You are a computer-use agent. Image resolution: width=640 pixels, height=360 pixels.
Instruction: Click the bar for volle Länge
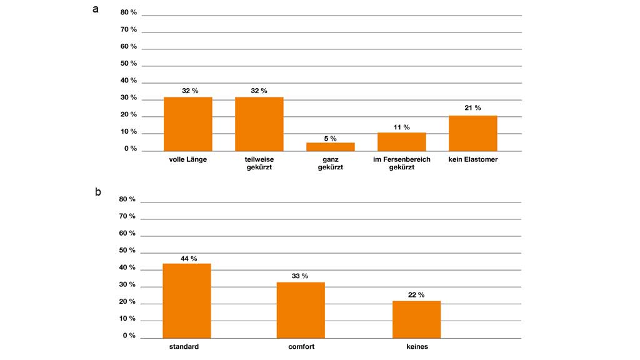coord(188,124)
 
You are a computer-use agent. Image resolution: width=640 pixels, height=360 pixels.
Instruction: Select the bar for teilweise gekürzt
coord(259,124)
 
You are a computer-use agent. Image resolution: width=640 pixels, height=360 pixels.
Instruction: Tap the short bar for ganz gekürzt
coord(331,147)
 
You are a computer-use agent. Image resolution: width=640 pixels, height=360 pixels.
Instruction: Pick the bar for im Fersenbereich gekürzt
coord(402,142)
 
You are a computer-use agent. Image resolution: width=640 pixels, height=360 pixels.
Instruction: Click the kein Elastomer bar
coord(473,133)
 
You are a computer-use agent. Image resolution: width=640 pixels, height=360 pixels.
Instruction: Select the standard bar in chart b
coord(187,301)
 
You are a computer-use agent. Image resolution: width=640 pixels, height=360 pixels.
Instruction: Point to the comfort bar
coord(301,310)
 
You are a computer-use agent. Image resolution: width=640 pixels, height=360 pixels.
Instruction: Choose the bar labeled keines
coord(417,319)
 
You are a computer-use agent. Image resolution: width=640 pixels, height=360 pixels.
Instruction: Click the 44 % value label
coord(187,258)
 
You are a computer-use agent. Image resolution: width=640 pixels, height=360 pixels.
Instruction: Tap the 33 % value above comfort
coord(300,276)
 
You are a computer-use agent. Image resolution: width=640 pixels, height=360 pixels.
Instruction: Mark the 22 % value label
coord(417,295)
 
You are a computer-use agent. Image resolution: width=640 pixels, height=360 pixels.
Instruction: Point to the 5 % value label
coord(330,138)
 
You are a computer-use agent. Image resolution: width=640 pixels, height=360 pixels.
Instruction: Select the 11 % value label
coord(402,127)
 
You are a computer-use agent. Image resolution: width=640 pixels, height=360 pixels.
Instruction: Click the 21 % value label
coord(473,108)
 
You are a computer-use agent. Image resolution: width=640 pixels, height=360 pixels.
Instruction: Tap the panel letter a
coord(96,9)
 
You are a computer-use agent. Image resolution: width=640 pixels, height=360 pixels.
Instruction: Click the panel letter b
coord(97,192)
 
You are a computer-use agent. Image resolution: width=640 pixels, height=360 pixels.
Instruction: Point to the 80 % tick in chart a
coord(129,12)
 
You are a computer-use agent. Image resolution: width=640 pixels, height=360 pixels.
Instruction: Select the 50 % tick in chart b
coord(127,250)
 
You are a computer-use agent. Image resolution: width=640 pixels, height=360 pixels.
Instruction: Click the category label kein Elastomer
coord(473,160)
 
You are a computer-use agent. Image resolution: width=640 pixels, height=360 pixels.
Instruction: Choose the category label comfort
coord(301,346)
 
